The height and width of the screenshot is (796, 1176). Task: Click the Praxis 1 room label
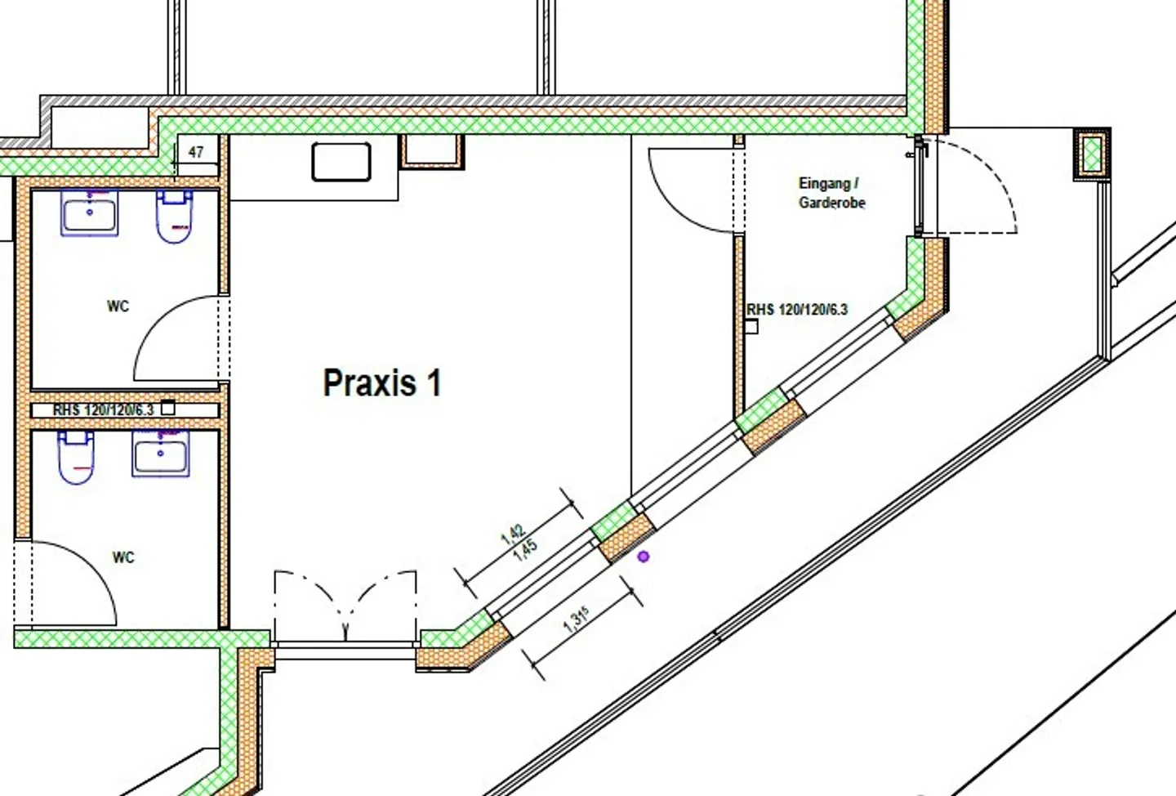coord(381,383)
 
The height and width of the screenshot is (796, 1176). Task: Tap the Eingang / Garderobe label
coord(831,193)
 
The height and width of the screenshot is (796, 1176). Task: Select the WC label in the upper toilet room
coord(118,306)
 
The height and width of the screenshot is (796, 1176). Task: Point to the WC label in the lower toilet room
coord(123,557)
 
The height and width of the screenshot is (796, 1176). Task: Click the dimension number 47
coord(196,152)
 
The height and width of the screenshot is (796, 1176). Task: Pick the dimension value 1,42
coord(512,534)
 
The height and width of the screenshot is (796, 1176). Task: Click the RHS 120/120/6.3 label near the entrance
coord(797,310)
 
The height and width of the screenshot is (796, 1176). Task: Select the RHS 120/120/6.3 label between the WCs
coord(103,409)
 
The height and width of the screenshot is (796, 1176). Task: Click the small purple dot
coord(644,557)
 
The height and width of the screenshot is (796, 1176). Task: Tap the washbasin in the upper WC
coord(89,213)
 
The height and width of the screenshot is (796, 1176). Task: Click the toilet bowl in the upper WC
coord(174,217)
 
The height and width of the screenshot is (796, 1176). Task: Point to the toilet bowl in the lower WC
coord(75,458)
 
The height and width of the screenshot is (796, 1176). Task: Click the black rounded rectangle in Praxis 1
coord(341,161)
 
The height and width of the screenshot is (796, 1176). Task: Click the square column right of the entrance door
coord(1092,153)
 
